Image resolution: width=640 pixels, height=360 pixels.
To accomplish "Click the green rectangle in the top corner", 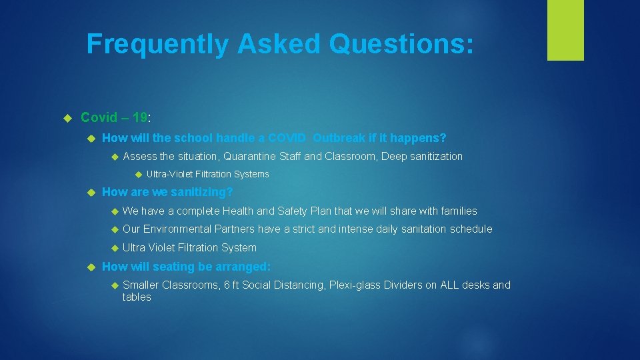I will point(565,30).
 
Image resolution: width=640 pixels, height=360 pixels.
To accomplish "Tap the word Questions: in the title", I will point(401,44).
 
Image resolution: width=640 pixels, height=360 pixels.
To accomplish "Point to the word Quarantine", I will point(249,157).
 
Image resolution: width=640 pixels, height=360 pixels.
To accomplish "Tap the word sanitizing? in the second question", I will point(202,192).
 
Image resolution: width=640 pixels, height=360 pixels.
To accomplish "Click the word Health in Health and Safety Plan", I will point(238,211).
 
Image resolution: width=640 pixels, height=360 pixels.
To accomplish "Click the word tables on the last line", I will point(137,297).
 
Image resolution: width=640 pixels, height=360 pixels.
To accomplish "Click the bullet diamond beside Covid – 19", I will point(67,118).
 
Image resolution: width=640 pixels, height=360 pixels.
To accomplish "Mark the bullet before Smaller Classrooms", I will point(114,285).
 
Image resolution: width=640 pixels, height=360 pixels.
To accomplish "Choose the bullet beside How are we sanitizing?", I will point(92,193).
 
